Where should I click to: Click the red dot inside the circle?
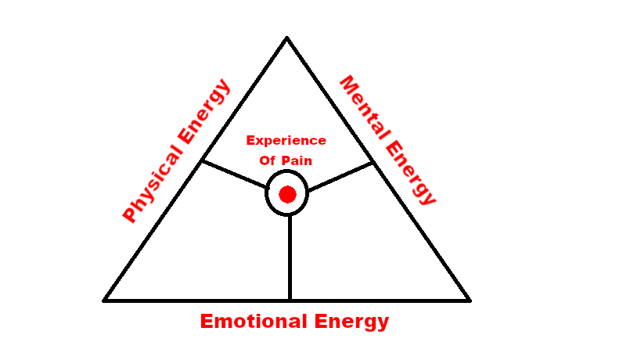[x=287, y=194]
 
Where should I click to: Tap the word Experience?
[x=286, y=141]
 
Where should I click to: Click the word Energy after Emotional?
[x=351, y=322]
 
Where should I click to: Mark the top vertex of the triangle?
[x=287, y=37]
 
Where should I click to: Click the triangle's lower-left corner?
[x=104, y=300]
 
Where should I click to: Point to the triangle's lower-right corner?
[x=470, y=300]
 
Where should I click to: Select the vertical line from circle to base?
[x=290, y=258]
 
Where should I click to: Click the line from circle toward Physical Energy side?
[x=235, y=175]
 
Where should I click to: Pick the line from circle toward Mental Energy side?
[x=340, y=176]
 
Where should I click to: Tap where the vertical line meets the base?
[x=290, y=300]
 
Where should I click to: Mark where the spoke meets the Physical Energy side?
[x=202, y=161]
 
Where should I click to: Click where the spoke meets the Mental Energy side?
[x=373, y=162]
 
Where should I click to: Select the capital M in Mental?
[x=347, y=84]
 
